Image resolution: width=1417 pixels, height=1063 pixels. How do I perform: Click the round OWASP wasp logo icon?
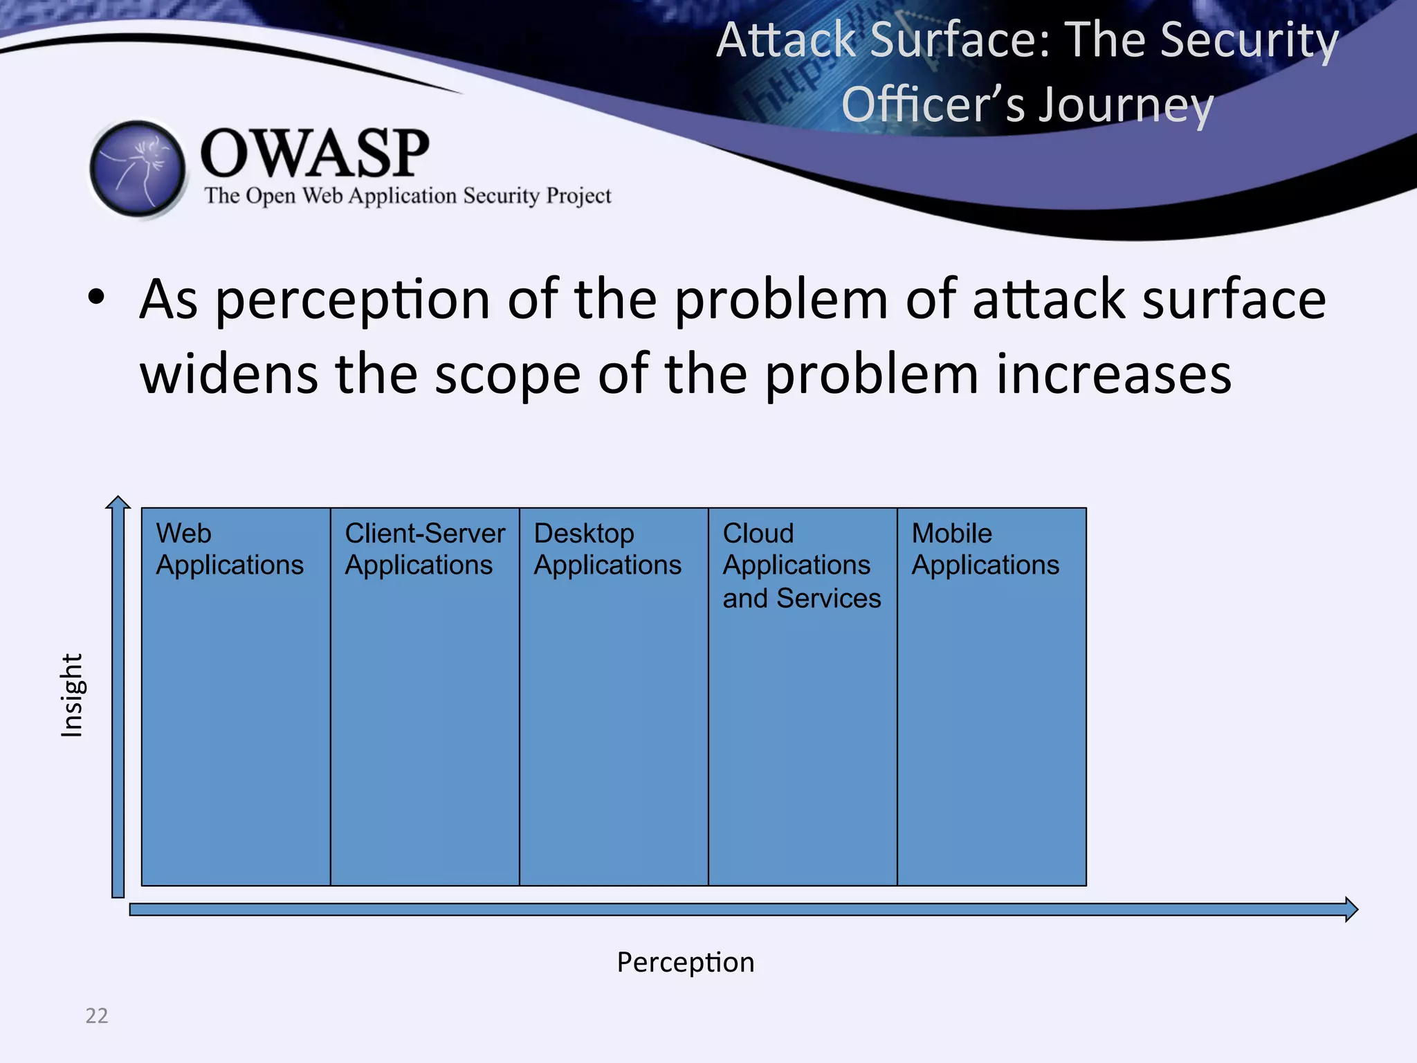point(138,169)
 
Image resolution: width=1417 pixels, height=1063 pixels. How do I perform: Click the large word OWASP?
point(315,154)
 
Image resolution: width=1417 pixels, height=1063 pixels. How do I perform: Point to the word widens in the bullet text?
point(228,374)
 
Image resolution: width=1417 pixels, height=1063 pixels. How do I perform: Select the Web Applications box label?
point(229,549)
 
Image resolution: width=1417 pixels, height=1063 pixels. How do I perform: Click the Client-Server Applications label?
point(424,549)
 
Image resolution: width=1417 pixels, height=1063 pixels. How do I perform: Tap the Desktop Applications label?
point(607,549)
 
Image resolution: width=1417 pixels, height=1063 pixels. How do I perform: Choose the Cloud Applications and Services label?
point(801,565)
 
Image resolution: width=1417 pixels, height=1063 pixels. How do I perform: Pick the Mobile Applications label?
point(985,549)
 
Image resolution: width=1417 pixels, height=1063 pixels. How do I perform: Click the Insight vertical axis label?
point(72,696)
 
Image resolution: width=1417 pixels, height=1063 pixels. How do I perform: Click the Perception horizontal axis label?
point(685,963)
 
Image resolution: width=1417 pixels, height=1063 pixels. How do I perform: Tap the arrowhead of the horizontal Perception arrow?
point(1351,909)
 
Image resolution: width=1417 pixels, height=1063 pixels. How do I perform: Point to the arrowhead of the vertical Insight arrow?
point(118,502)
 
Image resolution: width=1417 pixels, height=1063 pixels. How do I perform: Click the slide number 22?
point(97,1015)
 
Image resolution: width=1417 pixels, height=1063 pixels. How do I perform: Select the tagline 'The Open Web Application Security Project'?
point(408,196)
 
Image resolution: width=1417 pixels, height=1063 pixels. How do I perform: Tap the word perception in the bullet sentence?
point(353,299)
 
